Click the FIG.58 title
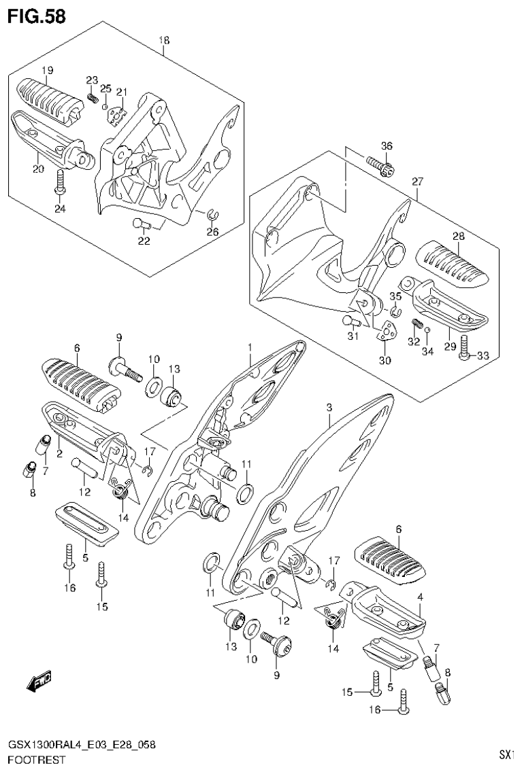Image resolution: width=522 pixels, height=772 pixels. [37, 16]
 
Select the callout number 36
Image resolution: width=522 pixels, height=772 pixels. [387, 145]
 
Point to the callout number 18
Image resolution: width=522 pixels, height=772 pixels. [164, 40]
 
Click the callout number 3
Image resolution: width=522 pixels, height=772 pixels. [329, 407]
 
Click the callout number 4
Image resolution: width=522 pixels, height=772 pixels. [421, 597]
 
